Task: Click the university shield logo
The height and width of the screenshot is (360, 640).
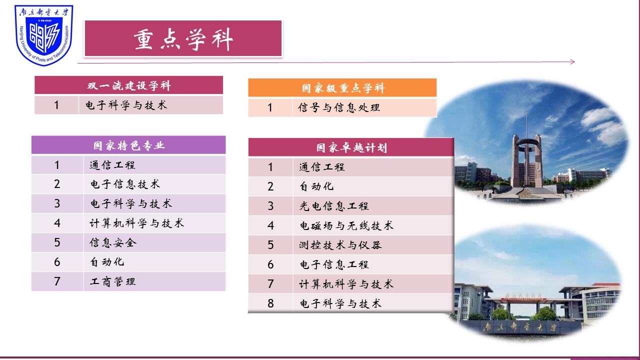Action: (43, 35)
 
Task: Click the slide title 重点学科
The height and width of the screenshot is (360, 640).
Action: (183, 39)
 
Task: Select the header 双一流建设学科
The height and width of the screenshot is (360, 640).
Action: (128, 85)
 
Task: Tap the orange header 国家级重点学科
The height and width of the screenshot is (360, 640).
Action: (342, 88)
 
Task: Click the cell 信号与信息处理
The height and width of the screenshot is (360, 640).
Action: (338, 107)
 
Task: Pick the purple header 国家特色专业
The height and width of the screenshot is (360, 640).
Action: (128, 145)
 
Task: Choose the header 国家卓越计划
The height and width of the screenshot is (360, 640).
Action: (351, 147)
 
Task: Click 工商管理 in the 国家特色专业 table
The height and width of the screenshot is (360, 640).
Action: (112, 281)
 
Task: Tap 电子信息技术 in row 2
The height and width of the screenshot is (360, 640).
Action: (124, 184)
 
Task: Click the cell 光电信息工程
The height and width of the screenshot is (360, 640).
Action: (333, 206)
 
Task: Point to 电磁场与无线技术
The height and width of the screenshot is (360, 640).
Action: (346, 225)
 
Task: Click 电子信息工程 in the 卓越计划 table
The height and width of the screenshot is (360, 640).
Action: (333, 264)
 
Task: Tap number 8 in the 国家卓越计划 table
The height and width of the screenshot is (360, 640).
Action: (270, 303)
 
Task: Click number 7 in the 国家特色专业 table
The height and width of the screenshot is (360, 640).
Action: (57, 281)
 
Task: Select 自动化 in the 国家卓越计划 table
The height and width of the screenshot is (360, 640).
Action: (316, 186)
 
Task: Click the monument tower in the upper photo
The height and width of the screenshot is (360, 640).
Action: (526, 160)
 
